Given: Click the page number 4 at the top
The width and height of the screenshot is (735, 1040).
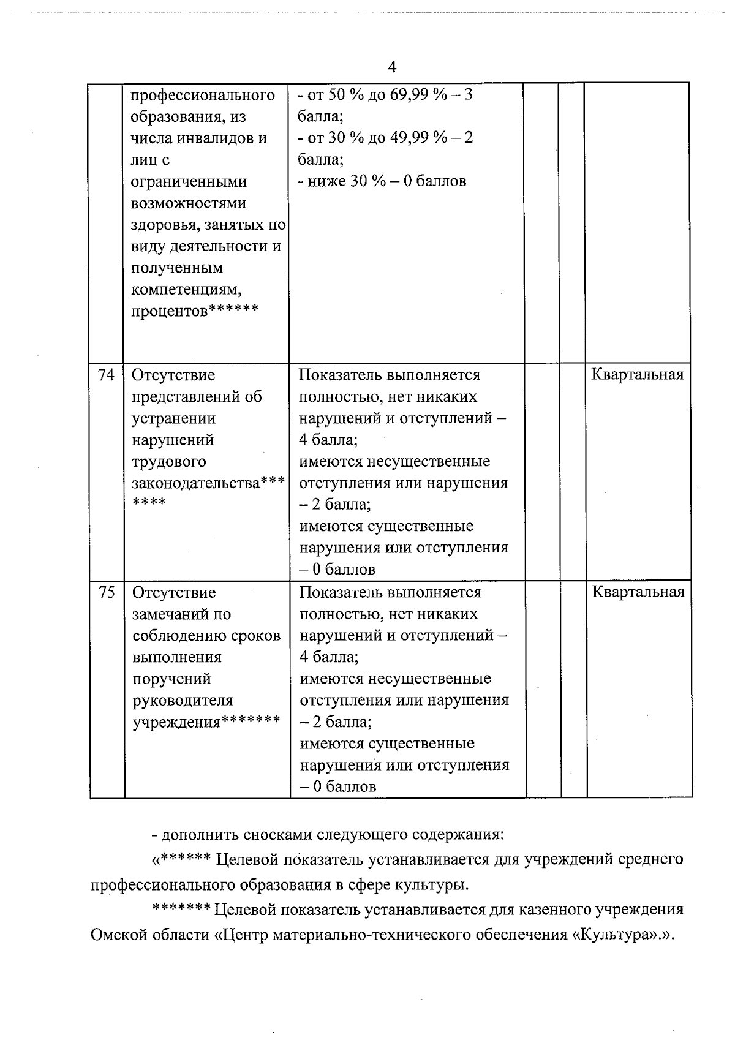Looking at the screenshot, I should pos(392,67).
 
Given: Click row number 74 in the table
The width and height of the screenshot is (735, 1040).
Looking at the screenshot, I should pos(106,375).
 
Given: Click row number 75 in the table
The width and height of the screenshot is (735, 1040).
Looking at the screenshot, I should pos(107,592).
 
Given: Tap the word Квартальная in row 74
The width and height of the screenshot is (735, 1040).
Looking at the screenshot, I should pos(637,375).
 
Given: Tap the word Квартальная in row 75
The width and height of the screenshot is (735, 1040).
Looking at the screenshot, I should pos(638,592).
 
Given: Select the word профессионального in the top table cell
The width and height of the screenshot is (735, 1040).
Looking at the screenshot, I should pos(203,96).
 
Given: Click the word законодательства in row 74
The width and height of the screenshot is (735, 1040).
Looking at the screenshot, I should pos(195,483).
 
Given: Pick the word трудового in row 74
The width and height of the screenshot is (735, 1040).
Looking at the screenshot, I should pos(169,462).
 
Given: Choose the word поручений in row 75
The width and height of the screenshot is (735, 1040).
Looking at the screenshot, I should pos(171,679).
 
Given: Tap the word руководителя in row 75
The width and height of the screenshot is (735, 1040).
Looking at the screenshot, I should pos(183,701).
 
